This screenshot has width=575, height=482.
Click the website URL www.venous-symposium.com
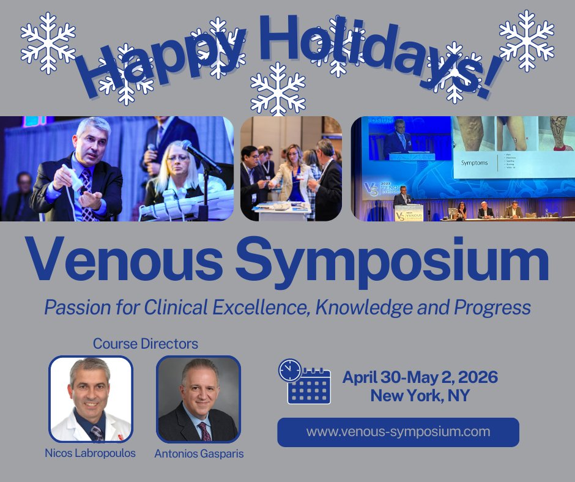[398, 432]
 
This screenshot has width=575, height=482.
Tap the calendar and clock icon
[304, 381]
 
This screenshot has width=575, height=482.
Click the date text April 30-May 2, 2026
[420, 377]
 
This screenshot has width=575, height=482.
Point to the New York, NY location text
[420, 396]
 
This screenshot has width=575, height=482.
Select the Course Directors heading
[145, 344]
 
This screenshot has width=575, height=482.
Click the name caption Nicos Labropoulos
[91, 453]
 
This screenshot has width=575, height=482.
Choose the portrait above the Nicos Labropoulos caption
[91, 399]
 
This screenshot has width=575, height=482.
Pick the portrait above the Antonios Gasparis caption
[198, 399]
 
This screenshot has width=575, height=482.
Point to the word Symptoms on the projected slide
[473, 163]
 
